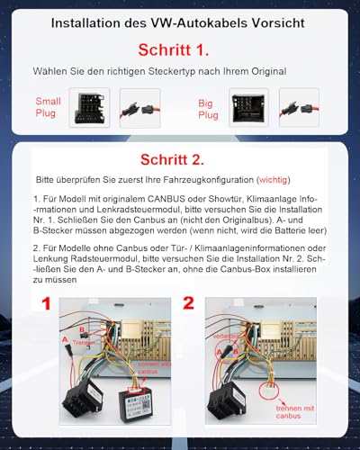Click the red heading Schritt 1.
pos(179,49)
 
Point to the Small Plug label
pos(49,108)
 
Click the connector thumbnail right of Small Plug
pos(89,106)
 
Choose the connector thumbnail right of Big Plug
pos(249,106)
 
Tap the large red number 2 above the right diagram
pos(188,305)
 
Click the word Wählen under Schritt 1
pos(52,69)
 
